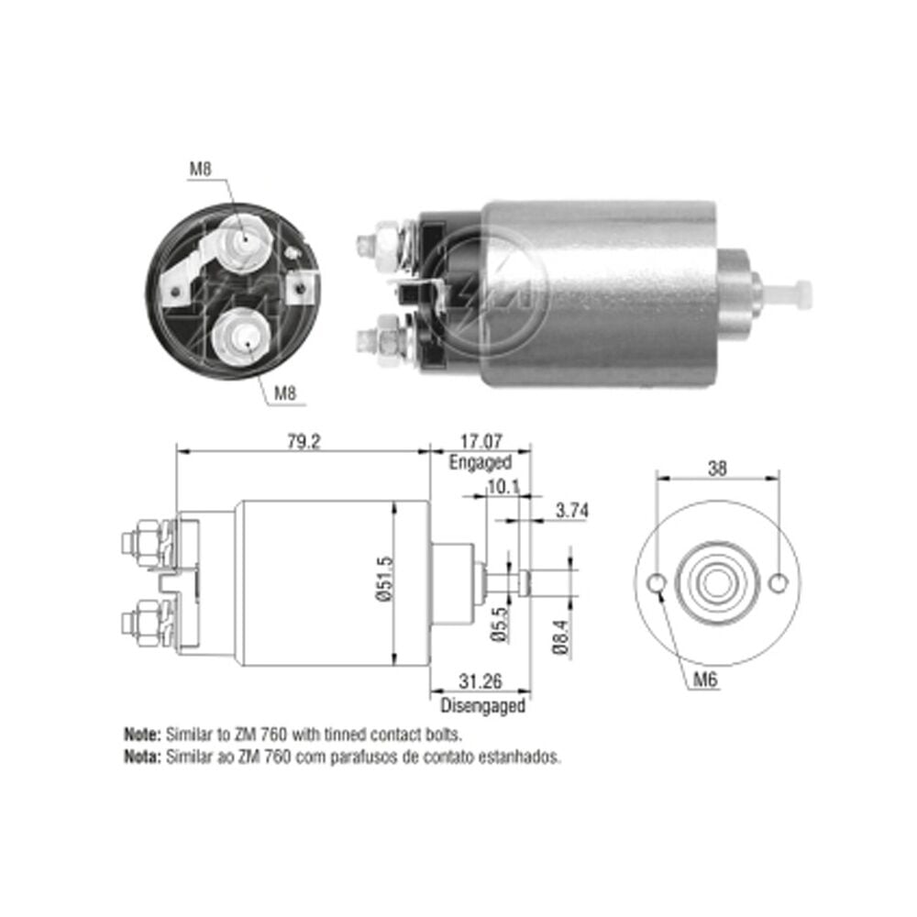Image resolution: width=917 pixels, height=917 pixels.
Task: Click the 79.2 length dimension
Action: [x=304, y=442]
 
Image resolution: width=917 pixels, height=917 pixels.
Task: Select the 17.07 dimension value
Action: [x=481, y=441]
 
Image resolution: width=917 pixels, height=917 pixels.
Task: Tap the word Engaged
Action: [x=481, y=462]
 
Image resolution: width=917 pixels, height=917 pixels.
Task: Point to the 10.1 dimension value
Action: [x=503, y=487]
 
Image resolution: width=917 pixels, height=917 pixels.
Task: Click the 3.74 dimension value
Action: [x=571, y=511]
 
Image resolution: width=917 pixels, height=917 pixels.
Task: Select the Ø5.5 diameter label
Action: [x=500, y=624]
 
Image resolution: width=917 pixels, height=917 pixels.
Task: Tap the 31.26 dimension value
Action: [x=481, y=681]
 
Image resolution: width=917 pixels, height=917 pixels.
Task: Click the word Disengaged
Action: [x=482, y=705]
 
